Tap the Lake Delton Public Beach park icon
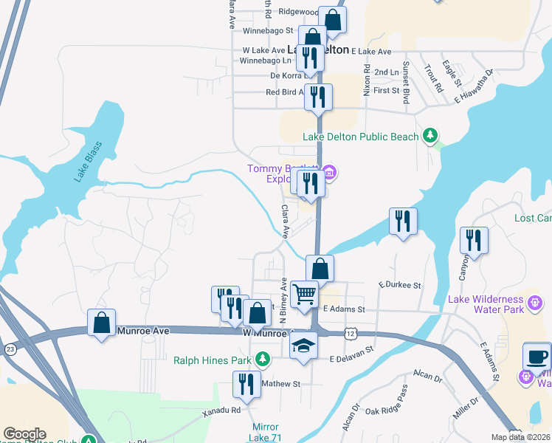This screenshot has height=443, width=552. click(430, 136)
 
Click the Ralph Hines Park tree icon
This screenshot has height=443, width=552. click(262, 360)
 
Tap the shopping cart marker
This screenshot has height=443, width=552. click(304, 295)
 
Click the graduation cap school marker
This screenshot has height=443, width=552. click(303, 346)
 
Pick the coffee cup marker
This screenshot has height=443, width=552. click(537, 356)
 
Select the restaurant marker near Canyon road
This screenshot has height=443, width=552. click(473, 240)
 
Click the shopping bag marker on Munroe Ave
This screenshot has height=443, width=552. click(101, 322)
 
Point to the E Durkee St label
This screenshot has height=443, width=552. click(399, 284)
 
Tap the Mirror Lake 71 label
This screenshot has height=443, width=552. click(265, 433)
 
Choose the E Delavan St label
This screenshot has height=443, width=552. click(352, 359)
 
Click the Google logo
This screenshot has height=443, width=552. click(24, 434)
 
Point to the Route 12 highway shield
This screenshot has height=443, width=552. click(349, 334)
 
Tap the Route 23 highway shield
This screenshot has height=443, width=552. click(10, 348)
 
